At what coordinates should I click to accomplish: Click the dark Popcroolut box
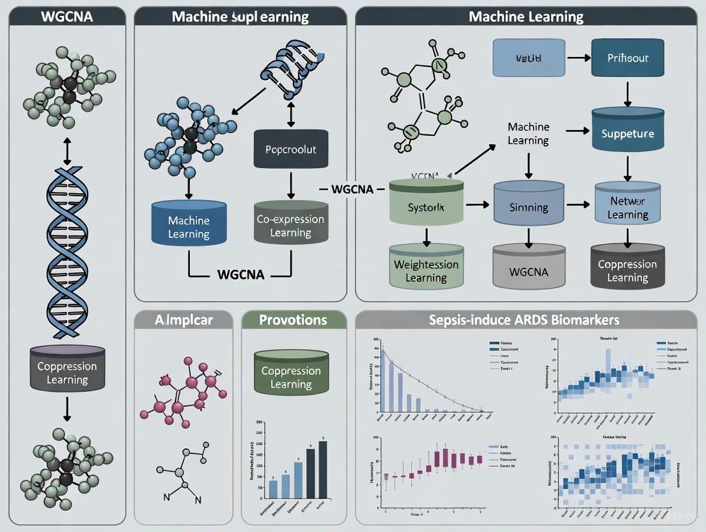[291, 150]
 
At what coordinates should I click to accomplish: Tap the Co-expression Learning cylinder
[290, 224]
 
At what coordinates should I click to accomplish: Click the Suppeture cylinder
[627, 133]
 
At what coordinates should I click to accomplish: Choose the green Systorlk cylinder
[426, 205]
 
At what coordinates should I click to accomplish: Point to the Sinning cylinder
[528, 205]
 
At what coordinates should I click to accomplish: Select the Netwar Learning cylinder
[627, 205]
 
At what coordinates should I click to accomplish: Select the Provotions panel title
[293, 319]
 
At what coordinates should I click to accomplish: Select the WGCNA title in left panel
[66, 16]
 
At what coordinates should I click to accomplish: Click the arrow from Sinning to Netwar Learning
[578, 205]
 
